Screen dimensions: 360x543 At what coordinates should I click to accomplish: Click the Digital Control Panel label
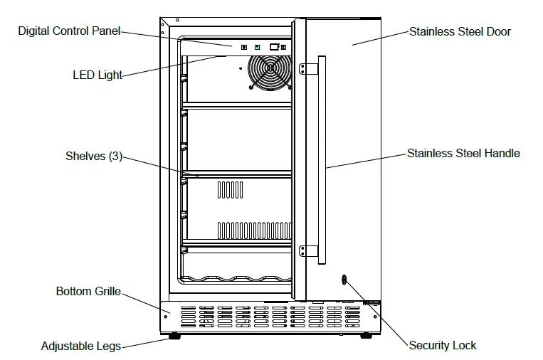69,31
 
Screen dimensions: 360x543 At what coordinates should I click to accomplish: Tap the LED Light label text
97,75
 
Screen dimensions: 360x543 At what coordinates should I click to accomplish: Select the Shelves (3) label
94,157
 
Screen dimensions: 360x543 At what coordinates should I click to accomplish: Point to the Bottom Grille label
88,292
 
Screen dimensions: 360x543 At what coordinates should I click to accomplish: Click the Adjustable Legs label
80,346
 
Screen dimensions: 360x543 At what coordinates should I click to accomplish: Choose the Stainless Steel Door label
460,31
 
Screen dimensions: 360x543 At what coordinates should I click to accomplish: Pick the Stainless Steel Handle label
463,153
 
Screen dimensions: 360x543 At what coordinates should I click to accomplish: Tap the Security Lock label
442,346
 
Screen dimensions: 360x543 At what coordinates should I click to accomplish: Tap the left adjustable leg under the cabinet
172,334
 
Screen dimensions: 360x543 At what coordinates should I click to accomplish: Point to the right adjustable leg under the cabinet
365,334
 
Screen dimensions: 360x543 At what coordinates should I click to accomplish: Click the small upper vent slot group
230,189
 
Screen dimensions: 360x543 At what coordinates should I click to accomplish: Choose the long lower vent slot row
254,230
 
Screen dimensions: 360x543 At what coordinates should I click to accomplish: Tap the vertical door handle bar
322,159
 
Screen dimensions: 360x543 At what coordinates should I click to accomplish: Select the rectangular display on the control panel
273,47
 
